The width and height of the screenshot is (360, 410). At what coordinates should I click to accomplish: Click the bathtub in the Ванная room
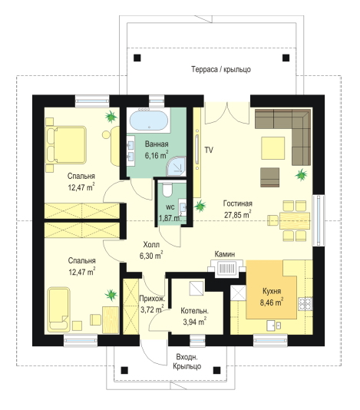[149, 121]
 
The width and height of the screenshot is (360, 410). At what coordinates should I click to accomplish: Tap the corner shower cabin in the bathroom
[177, 167]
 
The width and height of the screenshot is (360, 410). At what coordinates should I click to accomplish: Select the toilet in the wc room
[167, 190]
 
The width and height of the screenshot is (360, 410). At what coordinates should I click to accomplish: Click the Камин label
[225, 254]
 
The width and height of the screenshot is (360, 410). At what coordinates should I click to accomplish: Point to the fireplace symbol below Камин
[226, 269]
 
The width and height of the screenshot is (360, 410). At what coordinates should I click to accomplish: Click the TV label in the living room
[209, 150]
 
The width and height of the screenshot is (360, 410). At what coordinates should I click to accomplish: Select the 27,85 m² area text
[238, 214]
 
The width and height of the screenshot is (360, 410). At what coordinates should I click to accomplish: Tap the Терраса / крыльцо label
[221, 69]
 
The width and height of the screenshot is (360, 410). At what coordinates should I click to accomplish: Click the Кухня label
[272, 291]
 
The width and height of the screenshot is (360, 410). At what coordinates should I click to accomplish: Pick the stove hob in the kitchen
[306, 303]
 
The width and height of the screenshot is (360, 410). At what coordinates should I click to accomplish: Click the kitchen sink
[274, 326]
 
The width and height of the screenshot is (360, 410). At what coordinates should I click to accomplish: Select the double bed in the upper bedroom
[66, 145]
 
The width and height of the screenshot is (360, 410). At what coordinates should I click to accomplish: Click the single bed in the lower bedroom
[58, 309]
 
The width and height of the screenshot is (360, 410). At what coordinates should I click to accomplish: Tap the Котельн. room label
[194, 311]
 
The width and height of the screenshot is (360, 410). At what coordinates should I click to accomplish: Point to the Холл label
[151, 245]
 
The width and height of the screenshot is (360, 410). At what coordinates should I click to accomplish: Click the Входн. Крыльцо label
[187, 362]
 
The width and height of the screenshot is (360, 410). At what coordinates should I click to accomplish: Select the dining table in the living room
[295, 221]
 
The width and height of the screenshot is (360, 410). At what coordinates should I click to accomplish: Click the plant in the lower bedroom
[111, 295]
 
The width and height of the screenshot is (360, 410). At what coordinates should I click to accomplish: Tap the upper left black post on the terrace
[137, 58]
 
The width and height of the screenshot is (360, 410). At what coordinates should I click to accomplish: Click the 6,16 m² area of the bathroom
[157, 155]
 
